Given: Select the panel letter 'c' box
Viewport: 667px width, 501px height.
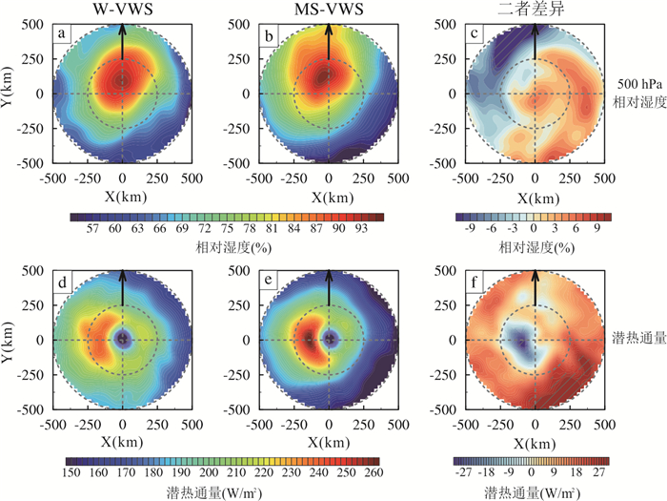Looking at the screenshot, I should click(475, 36).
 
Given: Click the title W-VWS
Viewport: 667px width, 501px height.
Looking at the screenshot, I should click(121, 9).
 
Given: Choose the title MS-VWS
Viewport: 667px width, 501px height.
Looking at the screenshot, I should click(328, 9).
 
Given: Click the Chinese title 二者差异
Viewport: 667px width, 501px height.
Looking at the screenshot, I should click(535, 9).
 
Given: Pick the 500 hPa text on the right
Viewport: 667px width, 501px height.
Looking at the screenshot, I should click(637, 84).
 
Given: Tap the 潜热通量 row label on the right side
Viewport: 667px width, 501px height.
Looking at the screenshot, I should click(636, 339).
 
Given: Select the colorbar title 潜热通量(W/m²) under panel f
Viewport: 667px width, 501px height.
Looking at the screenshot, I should click(534, 492).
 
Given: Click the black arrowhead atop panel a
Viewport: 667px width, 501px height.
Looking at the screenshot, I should click(121, 25).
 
